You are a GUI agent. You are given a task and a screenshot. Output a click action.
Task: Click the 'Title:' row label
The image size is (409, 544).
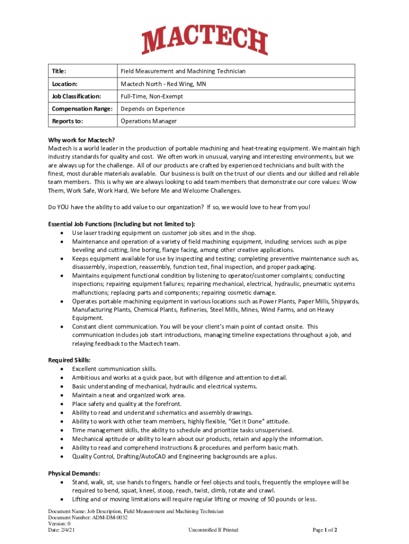click(x=59, y=71)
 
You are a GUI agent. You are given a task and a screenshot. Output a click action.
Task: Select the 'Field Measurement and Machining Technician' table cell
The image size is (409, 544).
click(x=183, y=71)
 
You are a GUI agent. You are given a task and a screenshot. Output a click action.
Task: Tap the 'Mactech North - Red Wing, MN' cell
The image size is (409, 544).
click(x=163, y=84)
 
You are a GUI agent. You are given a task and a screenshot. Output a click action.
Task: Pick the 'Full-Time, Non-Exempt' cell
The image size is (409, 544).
click(x=151, y=96)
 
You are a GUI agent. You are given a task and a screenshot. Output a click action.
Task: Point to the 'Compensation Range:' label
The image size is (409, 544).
click(x=82, y=109)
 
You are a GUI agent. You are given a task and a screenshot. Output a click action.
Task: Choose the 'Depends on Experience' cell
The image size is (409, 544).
click(x=152, y=109)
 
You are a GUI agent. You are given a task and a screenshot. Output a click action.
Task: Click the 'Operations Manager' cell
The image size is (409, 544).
click(x=149, y=121)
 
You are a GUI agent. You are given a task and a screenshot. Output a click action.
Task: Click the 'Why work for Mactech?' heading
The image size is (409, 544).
click(x=81, y=140)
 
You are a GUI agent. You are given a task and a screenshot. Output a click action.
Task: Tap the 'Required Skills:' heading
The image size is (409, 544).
click(x=69, y=360)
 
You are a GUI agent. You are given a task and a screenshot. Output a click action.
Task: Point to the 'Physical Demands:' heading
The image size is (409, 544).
click(x=74, y=473)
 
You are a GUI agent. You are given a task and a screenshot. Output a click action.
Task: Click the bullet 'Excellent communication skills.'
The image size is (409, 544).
click(x=114, y=369)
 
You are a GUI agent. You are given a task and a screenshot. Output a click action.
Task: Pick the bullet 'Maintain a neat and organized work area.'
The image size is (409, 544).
click(x=129, y=395)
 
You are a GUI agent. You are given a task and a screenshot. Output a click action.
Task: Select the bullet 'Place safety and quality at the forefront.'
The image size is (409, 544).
click(x=130, y=404)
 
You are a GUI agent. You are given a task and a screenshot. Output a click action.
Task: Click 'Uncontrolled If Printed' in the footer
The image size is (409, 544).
click(x=213, y=530)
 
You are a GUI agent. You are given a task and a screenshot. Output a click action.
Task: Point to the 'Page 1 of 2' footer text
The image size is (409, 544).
click(x=325, y=530)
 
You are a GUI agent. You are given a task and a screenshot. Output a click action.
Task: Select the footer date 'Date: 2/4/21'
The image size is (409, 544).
click(x=62, y=530)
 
